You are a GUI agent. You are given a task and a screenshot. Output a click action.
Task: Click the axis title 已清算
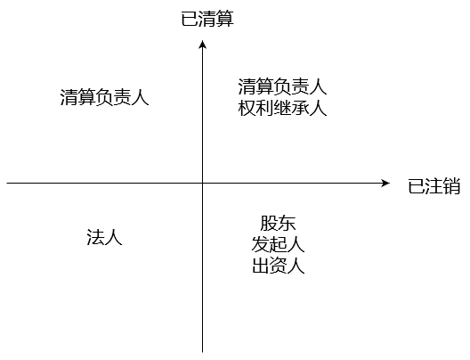[207, 20]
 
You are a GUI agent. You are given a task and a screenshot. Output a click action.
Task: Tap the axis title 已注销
[434, 185]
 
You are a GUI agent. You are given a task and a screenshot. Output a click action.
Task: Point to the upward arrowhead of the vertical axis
[203, 44]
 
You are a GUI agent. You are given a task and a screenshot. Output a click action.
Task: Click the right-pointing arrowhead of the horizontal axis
[385, 183]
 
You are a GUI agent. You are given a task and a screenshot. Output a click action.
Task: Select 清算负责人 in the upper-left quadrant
[105, 97]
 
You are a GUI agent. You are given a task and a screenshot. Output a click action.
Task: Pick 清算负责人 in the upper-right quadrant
[282, 86]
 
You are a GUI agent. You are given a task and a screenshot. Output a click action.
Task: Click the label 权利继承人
[282, 108]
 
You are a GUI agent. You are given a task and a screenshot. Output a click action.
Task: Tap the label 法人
[105, 237]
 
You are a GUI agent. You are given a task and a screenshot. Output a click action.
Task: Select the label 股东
[278, 223]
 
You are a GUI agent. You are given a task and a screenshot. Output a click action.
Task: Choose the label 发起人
[278, 244]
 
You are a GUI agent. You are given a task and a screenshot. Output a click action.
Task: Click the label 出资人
[278, 266]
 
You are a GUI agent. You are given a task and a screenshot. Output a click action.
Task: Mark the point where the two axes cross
[203, 183]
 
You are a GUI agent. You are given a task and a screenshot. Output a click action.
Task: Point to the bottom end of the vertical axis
[203, 352]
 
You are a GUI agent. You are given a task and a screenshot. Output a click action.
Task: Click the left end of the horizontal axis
[6, 183]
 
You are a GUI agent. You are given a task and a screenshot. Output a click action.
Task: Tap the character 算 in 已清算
[225, 20]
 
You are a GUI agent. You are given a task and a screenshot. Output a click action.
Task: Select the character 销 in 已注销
[451, 185]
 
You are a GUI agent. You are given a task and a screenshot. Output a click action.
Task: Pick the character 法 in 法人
[95, 237]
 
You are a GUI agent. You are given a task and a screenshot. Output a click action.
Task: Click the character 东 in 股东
[288, 223]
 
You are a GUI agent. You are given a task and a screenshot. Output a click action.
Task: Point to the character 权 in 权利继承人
[247, 108]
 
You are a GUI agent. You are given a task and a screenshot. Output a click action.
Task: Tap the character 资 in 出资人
[278, 266]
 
